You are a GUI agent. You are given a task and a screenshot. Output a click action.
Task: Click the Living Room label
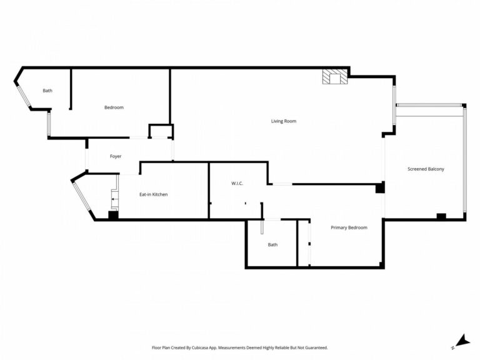[x=284, y=121]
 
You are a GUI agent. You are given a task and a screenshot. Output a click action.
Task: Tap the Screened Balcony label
[x=426, y=169]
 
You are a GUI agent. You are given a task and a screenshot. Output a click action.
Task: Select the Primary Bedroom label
[x=349, y=227]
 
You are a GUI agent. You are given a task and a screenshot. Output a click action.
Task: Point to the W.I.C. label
[x=237, y=183]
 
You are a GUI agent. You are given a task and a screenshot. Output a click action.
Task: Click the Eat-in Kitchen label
[x=153, y=194]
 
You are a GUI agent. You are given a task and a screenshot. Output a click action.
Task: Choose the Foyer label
[x=116, y=156]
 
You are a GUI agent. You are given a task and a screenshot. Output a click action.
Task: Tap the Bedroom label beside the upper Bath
[x=114, y=107]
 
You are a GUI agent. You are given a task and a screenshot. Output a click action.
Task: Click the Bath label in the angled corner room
[x=47, y=91]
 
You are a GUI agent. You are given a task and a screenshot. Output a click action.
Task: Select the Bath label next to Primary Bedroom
[x=272, y=244]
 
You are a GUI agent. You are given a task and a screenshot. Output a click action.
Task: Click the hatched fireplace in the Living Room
[x=335, y=76]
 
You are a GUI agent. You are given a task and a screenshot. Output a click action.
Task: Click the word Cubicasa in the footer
[x=201, y=347]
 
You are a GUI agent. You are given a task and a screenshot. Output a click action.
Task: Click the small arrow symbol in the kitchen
[x=114, y=199]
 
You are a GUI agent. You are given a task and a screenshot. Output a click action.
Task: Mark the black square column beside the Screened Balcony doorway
[x=380, y=187]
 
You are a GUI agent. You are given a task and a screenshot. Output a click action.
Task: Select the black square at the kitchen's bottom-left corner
[x=113, y=215]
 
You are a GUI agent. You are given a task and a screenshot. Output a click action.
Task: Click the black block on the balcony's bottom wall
[x=441, y=216]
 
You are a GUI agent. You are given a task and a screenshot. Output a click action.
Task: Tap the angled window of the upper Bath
[x=24, y=96]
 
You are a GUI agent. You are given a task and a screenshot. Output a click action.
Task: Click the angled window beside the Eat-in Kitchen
[x=81, y=196]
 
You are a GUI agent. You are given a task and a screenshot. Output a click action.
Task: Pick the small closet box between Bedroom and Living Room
[x=161, y=131]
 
